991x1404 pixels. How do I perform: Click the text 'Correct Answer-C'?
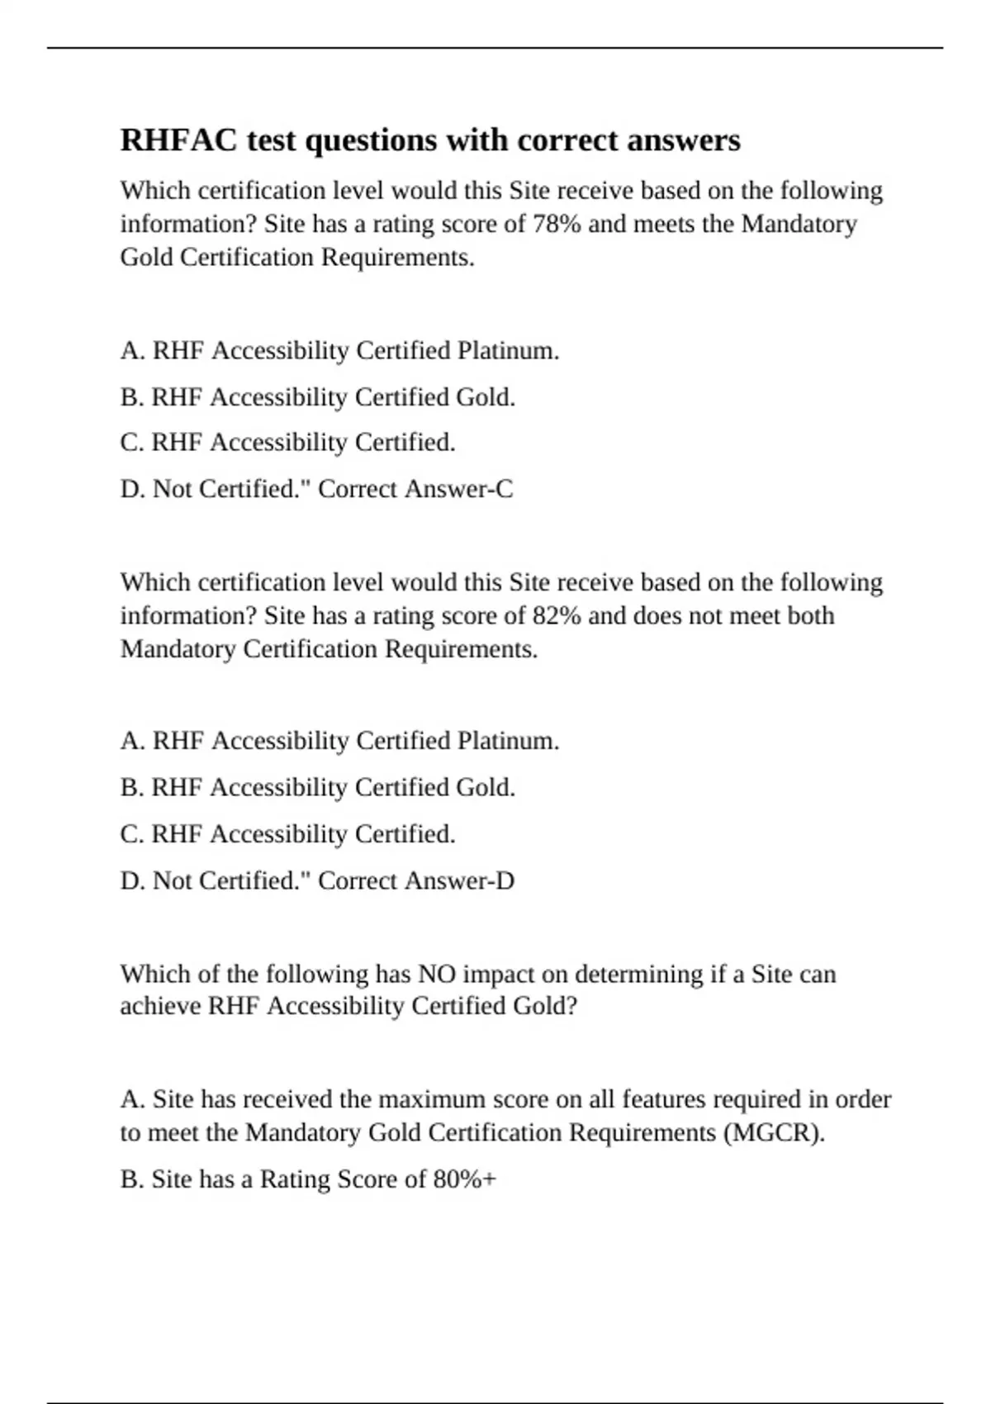coord(415,489)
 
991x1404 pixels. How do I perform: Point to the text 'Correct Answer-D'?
coord(416,880)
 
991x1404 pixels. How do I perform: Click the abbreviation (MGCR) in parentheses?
coord(774,1132)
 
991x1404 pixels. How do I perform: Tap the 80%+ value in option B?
coord(464,1179)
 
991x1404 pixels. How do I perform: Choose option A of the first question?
coord(339,350)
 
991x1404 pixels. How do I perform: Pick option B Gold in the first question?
coord(318,397)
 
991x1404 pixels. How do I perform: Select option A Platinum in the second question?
coord(339,741)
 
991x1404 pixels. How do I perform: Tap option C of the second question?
coord(287,834)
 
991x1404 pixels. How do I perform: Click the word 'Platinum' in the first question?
coord(508,350)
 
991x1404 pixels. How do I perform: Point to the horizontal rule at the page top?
coord(495,48)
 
